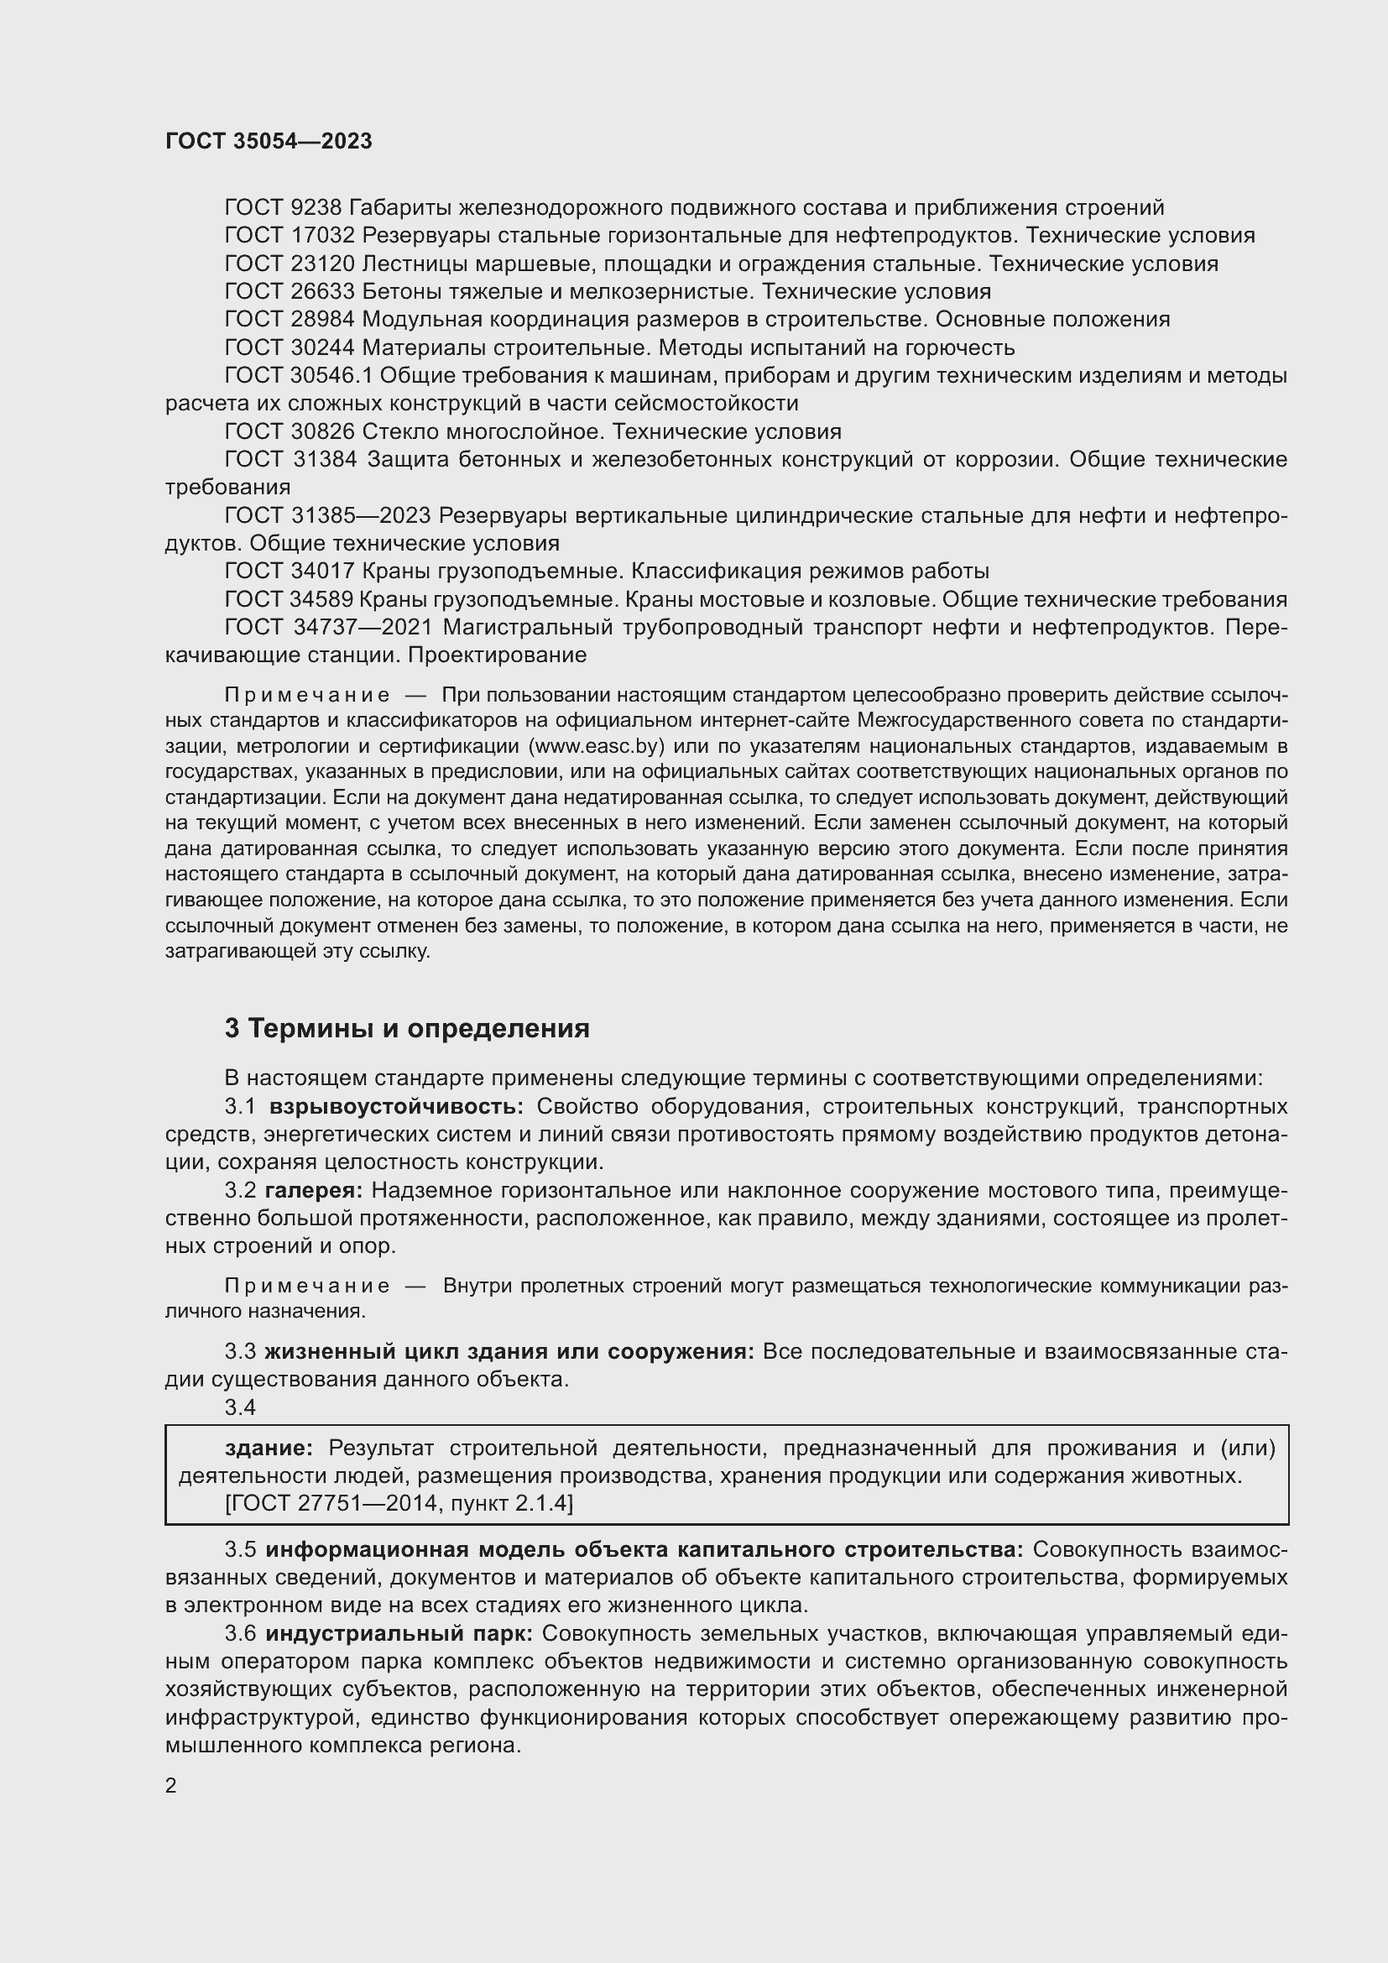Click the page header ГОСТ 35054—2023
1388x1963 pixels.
[269, 141]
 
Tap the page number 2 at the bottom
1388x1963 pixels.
[171, 1785]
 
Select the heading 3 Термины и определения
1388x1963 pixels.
[407, 1029]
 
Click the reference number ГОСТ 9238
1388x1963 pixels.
[283, 208]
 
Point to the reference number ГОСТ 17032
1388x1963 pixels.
[289, 236]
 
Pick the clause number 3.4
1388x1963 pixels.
[240, 1408]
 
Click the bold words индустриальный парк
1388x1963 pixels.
[399, 1634]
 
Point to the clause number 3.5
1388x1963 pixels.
[240, 1550]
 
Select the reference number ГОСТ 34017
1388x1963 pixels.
[289, 572]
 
